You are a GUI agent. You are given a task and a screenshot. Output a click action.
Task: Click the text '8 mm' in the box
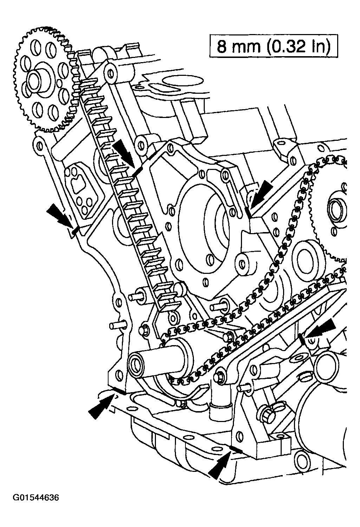coord(239,46)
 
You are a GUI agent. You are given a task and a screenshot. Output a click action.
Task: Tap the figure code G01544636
coord(36,498)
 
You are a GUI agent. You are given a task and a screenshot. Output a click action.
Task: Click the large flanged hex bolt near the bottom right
coord(267,415)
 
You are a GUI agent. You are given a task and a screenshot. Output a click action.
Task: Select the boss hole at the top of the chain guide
coord(111,73)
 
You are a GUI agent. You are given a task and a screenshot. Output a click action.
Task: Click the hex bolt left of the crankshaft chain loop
coord(145,331)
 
